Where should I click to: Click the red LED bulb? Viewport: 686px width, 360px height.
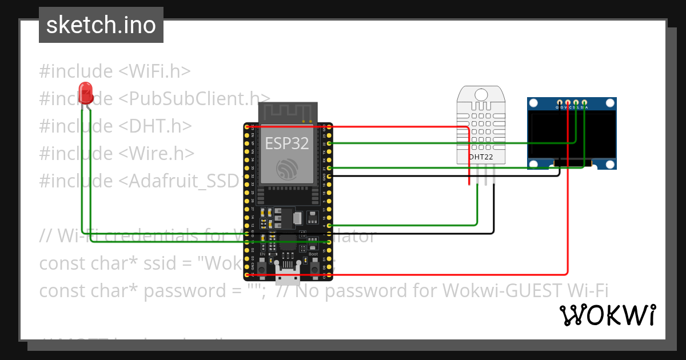(x=86, y=93)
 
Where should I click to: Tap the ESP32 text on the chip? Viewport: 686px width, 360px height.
(x=286, y=142)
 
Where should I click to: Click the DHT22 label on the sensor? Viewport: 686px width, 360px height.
(x=481, y=157)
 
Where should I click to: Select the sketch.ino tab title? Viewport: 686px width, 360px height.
(x=101, y=25)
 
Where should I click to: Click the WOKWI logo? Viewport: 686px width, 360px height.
(x=607, y=315)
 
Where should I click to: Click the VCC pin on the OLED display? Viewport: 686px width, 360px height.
(x=568, y=102)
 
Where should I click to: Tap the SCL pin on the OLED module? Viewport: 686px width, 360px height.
(x=576, y=102)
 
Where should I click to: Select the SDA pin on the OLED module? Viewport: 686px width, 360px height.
(x=584, y=102)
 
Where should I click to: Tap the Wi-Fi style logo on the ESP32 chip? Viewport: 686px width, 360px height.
(x=286, y=169)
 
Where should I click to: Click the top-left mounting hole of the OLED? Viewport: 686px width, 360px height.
(x=534, y=103)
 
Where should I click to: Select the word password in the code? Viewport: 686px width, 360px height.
(x=177, y=291)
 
